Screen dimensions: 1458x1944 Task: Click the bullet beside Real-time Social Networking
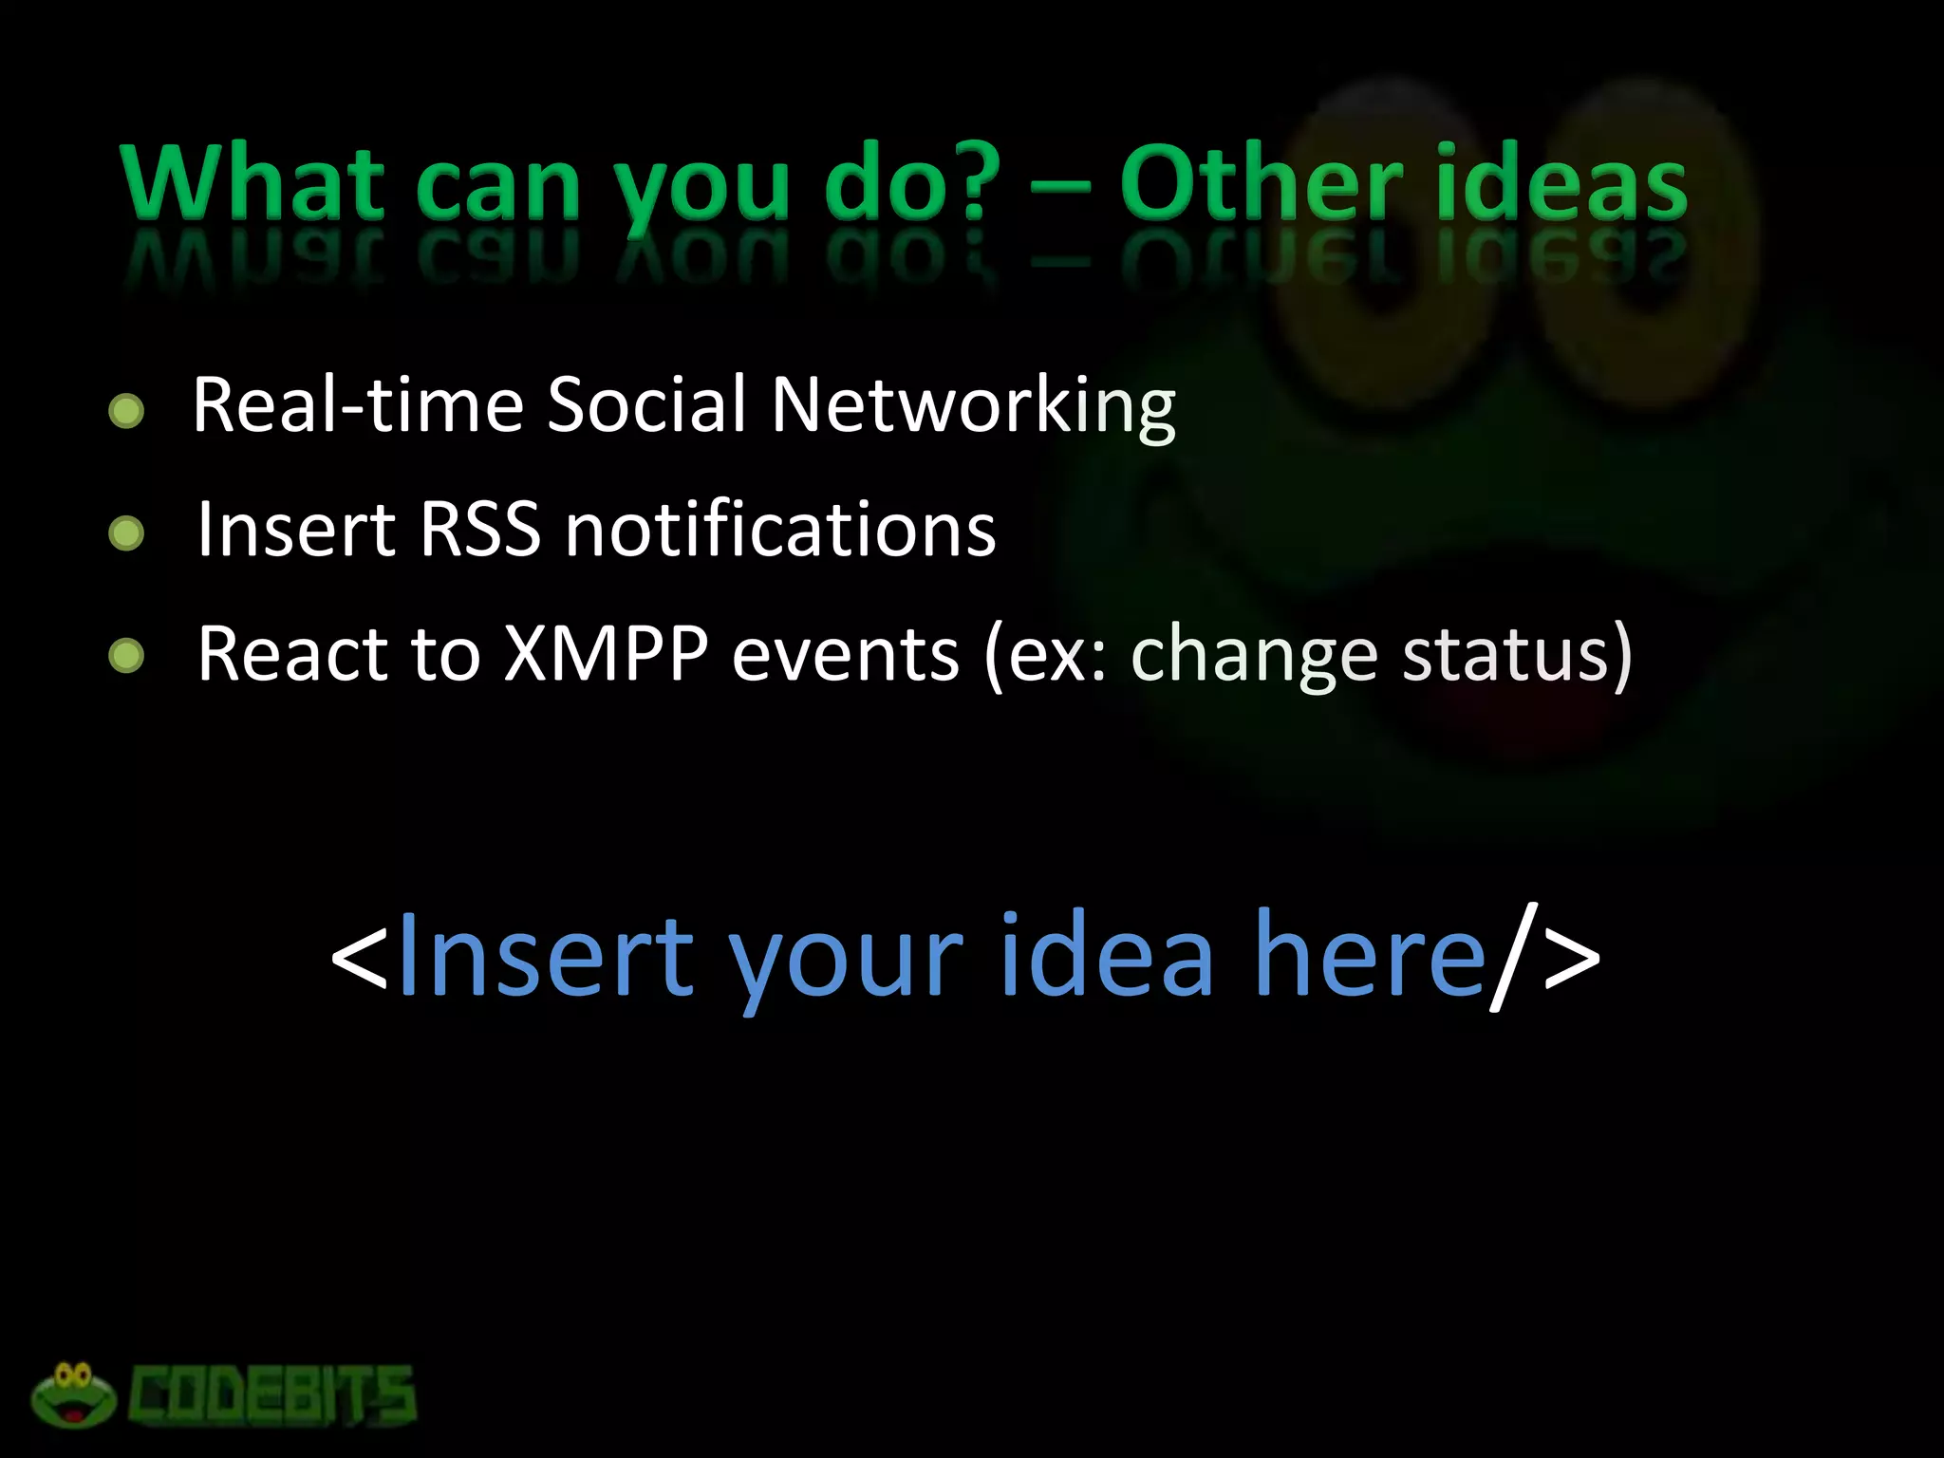tap(126, 411)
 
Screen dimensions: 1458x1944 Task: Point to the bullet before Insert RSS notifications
tap(126, 533)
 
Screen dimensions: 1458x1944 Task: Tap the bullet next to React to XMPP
tap(126, 655)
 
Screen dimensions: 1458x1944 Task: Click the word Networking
tap(973, 406)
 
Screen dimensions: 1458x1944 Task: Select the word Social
tap(646, 404)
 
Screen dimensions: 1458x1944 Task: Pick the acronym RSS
tap(479, 529)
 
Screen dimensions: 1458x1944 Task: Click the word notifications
tap(780, 529)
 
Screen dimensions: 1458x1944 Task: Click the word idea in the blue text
tap(1106, 954)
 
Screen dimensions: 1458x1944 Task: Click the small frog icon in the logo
tap(74, 1394)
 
